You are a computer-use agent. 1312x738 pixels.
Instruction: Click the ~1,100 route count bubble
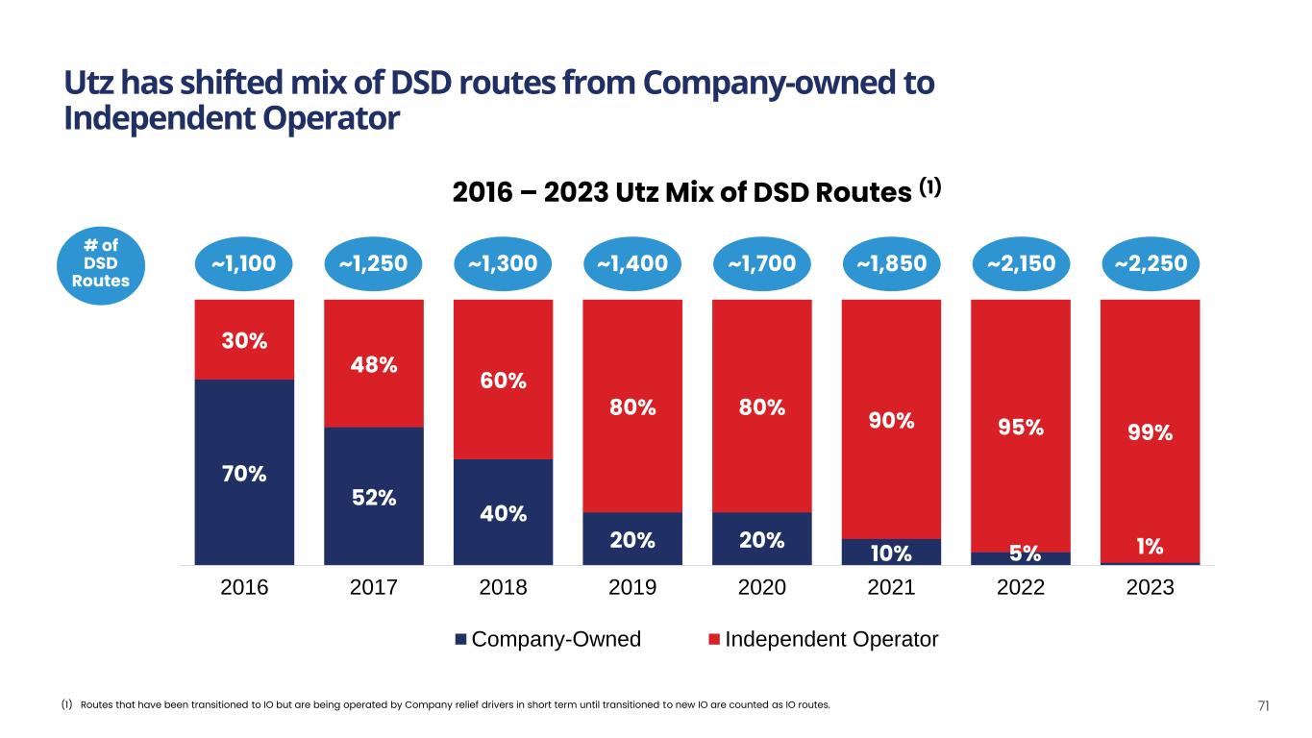click(x=243, y=263)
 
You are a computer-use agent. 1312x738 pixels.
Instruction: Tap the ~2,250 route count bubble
click(x=1151, y=263)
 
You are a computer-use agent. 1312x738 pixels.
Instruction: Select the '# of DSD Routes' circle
click(x=100, y=261)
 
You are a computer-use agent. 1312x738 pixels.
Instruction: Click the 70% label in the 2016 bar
click(x=244, y=474)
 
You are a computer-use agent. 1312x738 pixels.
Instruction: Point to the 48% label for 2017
click(x=374, y=365)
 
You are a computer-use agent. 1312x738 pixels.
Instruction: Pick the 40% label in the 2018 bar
click(x=504, y=513)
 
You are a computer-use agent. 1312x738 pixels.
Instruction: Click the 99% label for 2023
click(x=1151, y=432)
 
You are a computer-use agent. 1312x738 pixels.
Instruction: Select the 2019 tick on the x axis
click(x=632, y=588)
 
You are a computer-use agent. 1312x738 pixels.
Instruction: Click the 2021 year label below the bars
click(x=891, y=588)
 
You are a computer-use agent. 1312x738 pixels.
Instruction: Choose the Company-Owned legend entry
click(x=548, y=639)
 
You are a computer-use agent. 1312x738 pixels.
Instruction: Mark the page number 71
click(x=1264, y=706)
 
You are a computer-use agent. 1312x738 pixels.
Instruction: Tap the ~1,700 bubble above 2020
click(x=762, y=263)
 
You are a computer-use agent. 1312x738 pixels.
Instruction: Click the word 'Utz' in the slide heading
click(x=88, y=85)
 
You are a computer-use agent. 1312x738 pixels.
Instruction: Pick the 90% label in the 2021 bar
click(x=891, y=421)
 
